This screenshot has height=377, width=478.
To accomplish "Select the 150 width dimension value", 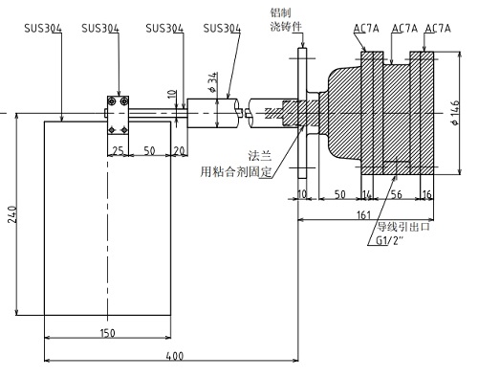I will click(107, 332).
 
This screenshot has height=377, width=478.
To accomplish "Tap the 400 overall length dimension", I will click(174, 356).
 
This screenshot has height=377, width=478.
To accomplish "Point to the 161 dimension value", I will click(365, 215).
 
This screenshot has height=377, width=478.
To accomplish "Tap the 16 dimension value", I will click(425, 193).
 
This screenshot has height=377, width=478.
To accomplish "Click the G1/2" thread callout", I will click(391, 241).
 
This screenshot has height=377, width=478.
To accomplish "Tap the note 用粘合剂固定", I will click(235, 171).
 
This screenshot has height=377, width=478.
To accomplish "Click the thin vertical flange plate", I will click(302, 115).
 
